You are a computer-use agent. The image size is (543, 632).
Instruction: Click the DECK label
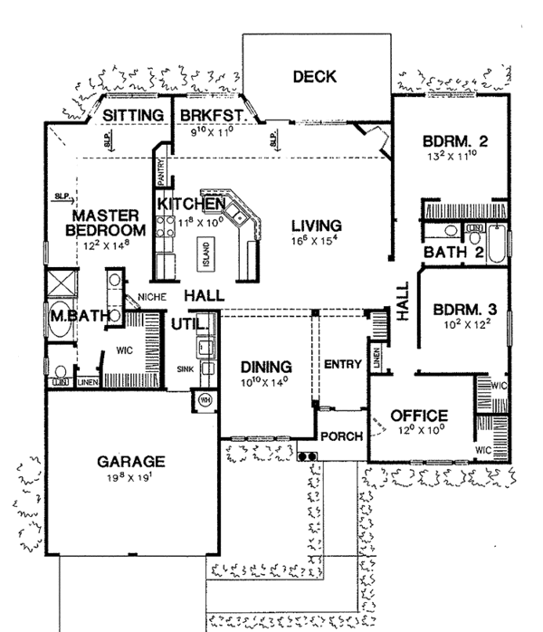point(315,77)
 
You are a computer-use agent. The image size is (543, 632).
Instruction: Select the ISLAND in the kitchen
point(207,251)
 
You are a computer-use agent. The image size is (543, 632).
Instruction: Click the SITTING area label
point(131,116)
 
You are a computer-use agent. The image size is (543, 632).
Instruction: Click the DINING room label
point(266,367)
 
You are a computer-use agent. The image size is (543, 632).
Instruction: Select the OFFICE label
point(420,416)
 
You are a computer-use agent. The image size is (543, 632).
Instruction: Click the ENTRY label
point(343,365)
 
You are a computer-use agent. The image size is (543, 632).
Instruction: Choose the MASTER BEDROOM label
point(106,224)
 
